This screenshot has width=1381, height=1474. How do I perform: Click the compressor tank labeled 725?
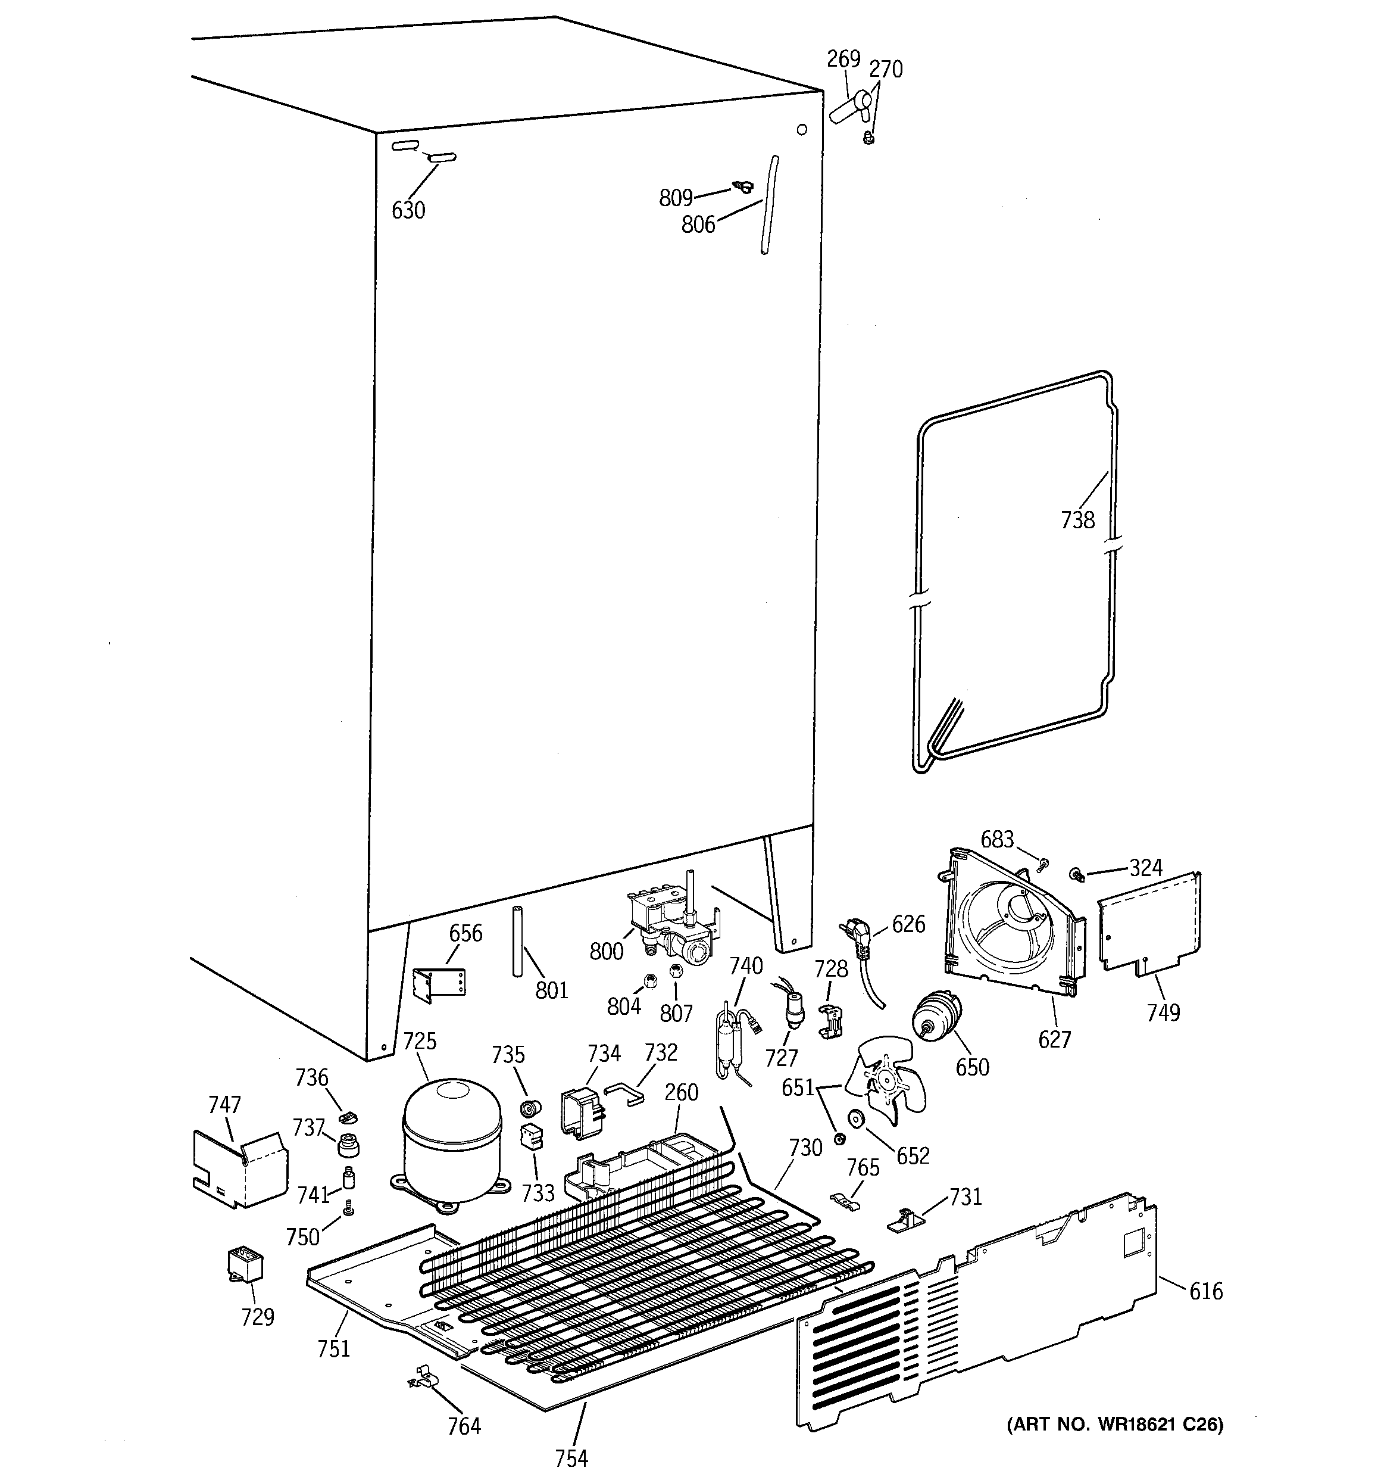coord(450,1141)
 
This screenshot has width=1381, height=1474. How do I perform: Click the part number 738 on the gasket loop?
coord(1077,521)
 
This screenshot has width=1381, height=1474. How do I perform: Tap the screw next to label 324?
coord(1077,875)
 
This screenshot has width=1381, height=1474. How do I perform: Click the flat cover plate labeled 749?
coord(1148,923)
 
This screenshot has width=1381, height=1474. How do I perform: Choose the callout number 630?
coord(408,211)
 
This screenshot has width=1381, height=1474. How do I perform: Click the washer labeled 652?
coord(858,1119)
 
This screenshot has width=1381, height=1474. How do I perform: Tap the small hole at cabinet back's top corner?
coord(801,130)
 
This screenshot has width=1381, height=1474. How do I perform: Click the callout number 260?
coord(680,1092)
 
